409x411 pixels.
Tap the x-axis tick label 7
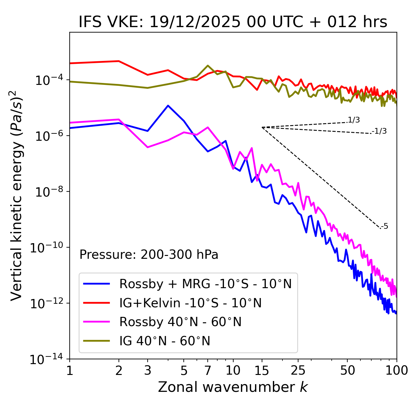pyautogui.click(x=208, y=370)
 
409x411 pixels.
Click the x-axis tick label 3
pyautogui.click(x=148, y=370)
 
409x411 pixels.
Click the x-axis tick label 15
pyautogui.click(x=262, y=370)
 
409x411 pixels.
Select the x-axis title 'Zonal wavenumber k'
pyautogui.click(x=233, y=387)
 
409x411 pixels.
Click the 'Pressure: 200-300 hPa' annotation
pyautogui.click(x=149, y=255)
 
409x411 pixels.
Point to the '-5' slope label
pyautogui.click(x=384, y=226)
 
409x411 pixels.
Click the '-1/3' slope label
pyautogui.click(x=380, y=131)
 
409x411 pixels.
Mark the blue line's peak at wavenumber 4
pyautogui.click(x=168, y=106)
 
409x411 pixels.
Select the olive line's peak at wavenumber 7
pyautogui.click(x=208, y=66)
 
